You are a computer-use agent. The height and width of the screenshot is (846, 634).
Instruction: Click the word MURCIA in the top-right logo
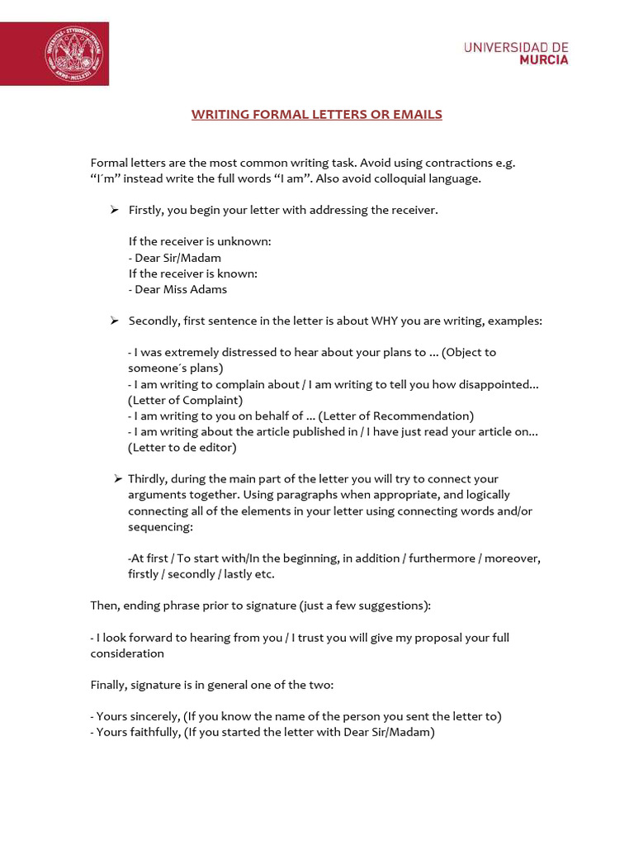pos(544,59)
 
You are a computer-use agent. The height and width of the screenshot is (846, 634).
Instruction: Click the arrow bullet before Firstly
pos(115,210)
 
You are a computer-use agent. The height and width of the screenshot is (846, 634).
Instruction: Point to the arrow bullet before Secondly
pos(115,320)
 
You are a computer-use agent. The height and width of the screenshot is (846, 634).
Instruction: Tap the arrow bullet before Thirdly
pos(118,478)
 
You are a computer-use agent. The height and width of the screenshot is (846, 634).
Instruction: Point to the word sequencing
pos(160,526)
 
